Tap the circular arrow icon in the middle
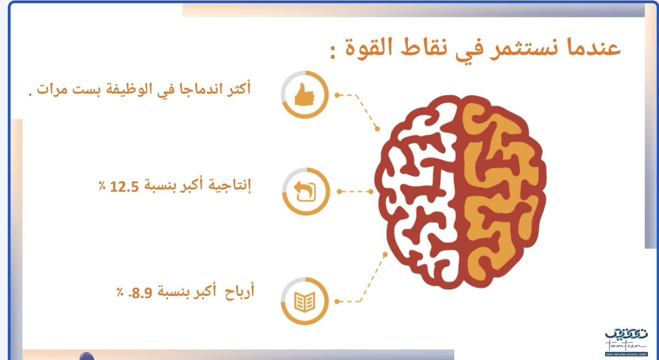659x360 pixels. (x=305, y=192)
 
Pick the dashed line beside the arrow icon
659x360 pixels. (x=354, y=192)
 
